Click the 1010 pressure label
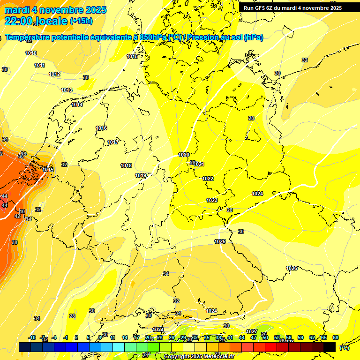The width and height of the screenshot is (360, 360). tap(31, 53)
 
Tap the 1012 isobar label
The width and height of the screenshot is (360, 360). tap(54, 74)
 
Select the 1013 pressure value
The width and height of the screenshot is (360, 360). tap(67, 90)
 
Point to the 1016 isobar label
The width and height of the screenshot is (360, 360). tap(101, 128)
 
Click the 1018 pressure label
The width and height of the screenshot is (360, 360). tap(126, 165)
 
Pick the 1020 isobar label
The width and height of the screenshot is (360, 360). tap(184, 155)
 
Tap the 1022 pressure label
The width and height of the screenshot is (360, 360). tap(208, 179)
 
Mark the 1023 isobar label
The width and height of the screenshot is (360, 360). tap(212, 200)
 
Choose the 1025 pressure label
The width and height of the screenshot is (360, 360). tap(220, 241)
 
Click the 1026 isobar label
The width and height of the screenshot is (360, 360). tap(292, 268)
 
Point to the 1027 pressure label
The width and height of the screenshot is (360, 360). tap(252, 331)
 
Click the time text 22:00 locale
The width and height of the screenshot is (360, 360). tap(36, 21)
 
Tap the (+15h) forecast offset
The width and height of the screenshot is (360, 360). tap(81, 21)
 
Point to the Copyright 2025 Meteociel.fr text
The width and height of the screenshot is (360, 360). tap(199, 357)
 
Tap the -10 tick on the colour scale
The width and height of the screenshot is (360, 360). tap(32, 337)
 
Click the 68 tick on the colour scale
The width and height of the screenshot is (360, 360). tap(336, 337)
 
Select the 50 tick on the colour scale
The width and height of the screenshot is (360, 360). tap(265, 337)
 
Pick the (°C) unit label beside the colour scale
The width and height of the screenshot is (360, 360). tap(344, 348)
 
